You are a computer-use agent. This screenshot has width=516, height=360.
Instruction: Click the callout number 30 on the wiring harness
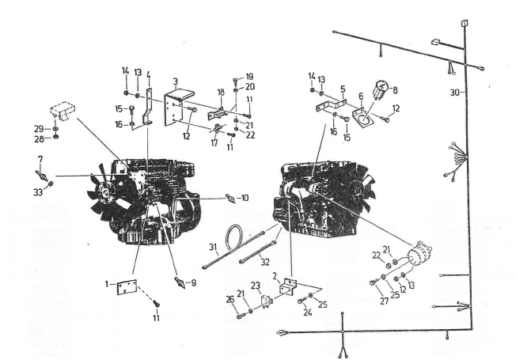454,93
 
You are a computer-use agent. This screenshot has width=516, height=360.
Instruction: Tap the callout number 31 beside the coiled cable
213,247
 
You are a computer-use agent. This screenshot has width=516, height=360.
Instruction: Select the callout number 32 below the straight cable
265,262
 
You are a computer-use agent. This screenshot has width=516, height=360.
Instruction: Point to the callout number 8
395,90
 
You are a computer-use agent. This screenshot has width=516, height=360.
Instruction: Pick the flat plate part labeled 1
127,287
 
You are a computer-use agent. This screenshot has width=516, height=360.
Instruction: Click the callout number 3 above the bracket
176,81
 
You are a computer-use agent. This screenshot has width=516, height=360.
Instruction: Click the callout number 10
244,198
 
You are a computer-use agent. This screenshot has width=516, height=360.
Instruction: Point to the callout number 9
193,282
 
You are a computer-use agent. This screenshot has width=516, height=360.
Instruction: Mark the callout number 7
40,159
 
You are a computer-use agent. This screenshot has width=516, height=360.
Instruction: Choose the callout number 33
38,191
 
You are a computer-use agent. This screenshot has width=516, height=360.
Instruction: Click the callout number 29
39,129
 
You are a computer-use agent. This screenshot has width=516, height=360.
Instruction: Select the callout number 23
256,286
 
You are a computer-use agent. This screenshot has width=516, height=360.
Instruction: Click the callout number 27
385,301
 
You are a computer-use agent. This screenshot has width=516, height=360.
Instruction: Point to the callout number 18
221,92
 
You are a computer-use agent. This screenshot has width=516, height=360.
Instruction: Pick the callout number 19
249,77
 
